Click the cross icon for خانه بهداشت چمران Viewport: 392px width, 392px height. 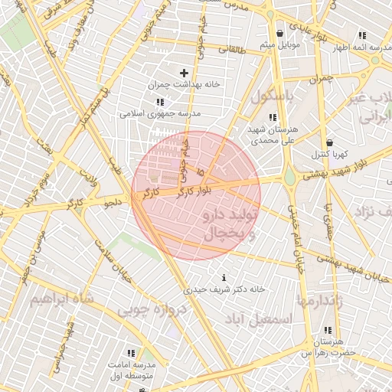(x=184, y=73)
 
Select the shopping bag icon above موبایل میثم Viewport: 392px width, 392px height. (x=279, y=34)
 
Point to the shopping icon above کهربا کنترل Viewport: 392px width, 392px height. (x=329, y=142)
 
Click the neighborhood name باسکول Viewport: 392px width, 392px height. (x=273, y=98)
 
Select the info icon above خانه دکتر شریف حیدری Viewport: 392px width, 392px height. (x=224, y=277)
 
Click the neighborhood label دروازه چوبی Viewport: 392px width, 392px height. (x=147, y=311)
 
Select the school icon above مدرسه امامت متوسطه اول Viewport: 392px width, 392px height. (x=130, y=353)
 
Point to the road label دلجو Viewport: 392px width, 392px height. (x=113, y=203)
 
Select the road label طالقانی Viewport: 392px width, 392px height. (x=234, y=49)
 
